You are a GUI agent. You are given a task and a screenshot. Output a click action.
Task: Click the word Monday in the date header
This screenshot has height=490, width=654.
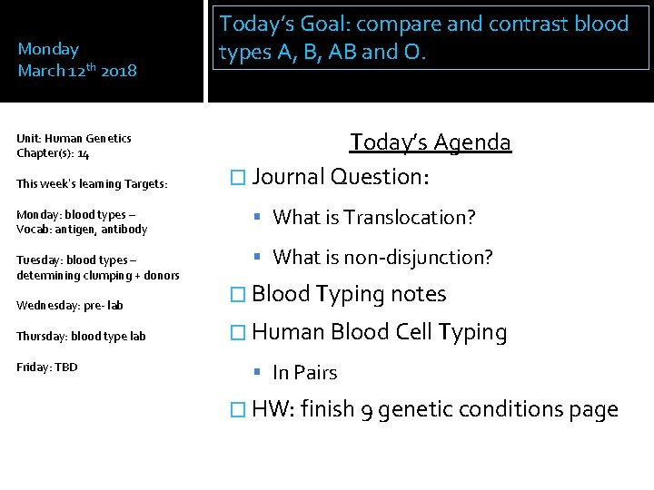tap(48, 49)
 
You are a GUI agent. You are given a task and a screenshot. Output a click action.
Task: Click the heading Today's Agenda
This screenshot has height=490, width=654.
tap(431, 142)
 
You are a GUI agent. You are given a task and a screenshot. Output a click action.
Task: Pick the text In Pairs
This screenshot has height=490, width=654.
tap(304, 373)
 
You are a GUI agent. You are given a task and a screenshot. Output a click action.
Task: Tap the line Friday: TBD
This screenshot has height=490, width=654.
tap(47, 367)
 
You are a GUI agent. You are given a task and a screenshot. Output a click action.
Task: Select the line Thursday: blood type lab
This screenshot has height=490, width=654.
tap(81, 336)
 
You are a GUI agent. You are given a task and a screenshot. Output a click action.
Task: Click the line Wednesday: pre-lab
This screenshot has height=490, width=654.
tap(70, 305)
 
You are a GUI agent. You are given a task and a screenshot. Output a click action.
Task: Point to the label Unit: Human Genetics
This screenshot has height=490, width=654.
tap(74, 138)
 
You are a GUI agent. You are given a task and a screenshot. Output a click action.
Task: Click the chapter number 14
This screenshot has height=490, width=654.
tap(83, 154)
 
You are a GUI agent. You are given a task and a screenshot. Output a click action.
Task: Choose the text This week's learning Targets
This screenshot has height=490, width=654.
tap(92, 183)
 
